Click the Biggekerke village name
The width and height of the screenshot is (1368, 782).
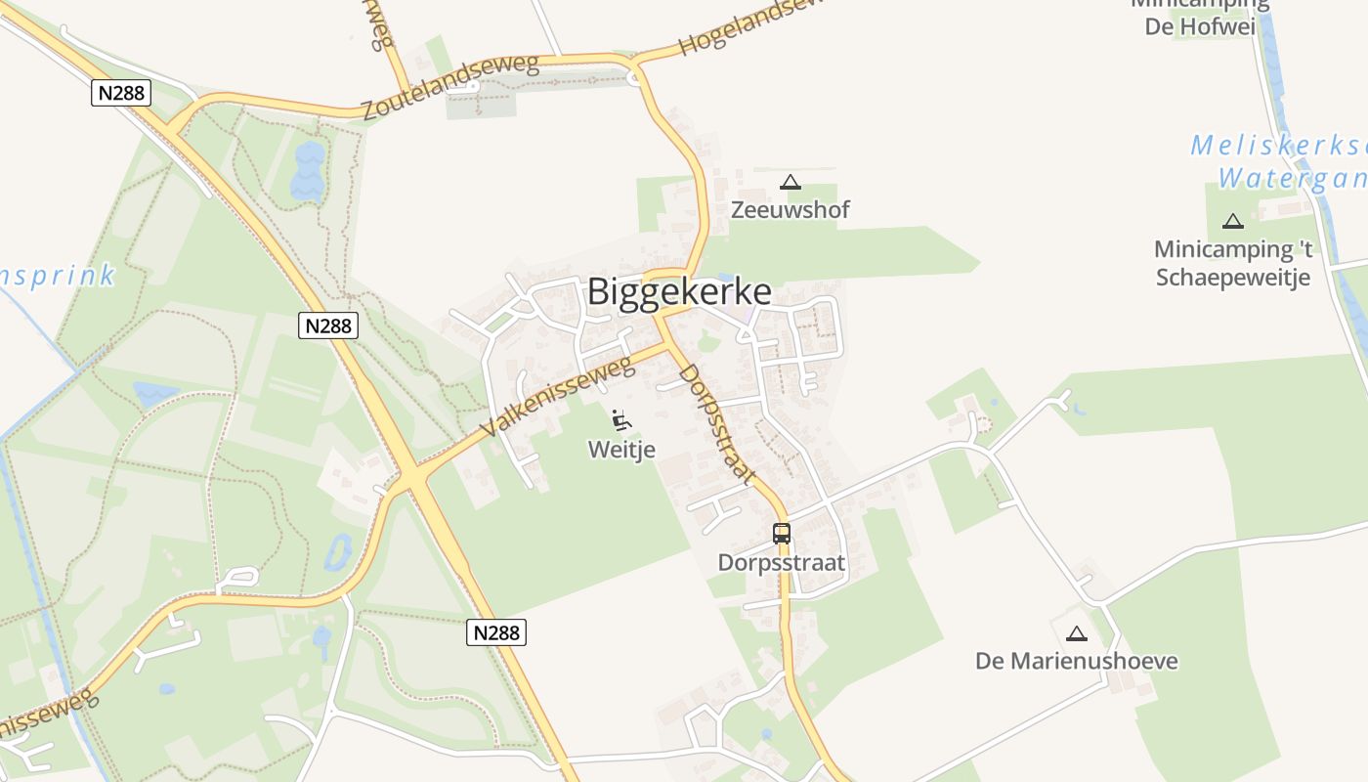[679, 291]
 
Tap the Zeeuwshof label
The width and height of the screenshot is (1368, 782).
[791, 209]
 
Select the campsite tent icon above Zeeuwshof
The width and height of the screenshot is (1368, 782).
[791, 182]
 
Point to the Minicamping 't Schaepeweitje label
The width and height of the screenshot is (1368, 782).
[1233, 262]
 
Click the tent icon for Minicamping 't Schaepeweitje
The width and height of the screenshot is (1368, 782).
[1233, 222]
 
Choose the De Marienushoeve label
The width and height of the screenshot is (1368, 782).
[1076, 661]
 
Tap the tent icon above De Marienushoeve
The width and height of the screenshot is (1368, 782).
[1076, 633]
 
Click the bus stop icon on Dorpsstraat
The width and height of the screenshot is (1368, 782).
[782, 533]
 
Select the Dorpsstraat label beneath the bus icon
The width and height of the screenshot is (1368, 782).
[781, 563]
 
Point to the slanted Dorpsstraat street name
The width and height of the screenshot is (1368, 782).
[717, 424]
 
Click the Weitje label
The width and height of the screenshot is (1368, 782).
[620, 449]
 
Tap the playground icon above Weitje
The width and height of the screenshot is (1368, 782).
[620, 420]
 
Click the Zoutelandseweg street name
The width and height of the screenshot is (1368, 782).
[450, 88]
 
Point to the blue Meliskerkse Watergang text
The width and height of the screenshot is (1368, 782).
[1280, 162]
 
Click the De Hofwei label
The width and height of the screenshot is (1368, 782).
[1200, 25]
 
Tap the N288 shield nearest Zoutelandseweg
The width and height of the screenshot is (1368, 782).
[121, 93]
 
